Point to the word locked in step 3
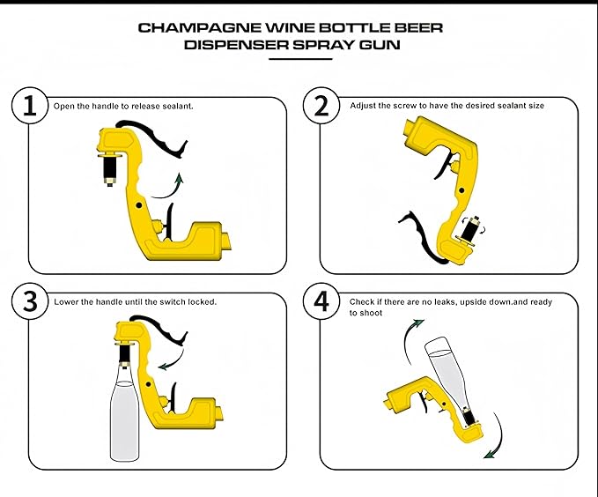tap(200, 301)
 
